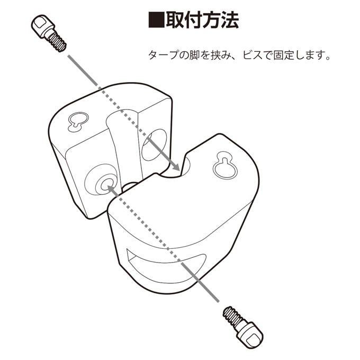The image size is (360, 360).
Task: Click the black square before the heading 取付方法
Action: tap(156, 20)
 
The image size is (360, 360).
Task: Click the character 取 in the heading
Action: tap(175, 20)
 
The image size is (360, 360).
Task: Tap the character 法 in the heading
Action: tap(230, 20)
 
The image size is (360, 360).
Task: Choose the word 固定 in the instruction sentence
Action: tap(283, 55)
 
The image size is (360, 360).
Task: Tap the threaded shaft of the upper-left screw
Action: tap(57, 42)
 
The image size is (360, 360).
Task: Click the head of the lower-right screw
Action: tap(251, 335)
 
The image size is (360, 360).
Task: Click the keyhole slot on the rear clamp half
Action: tap(78, 121)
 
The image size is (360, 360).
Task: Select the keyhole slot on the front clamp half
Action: tap(225, 165)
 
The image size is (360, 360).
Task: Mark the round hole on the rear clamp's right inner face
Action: tap(154, 145)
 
